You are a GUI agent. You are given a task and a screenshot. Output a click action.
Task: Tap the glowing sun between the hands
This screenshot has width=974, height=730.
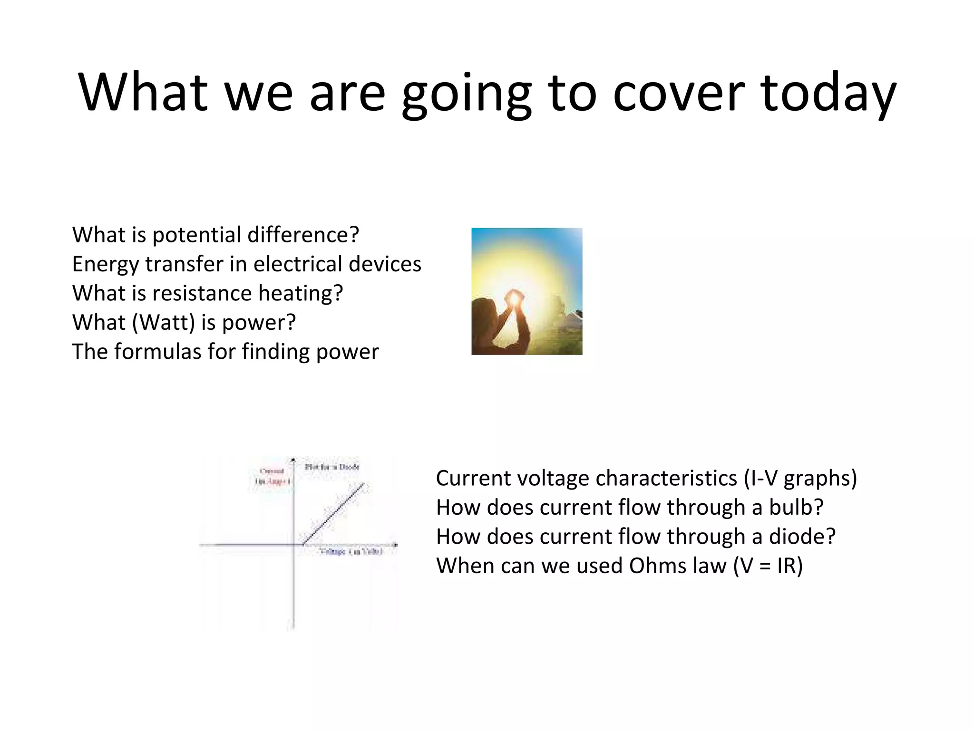(x=514, y=298)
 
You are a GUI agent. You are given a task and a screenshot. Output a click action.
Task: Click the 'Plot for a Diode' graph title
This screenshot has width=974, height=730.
(x=332, y=467)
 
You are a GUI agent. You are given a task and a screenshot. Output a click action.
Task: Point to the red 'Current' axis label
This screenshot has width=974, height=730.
(x=272, y=471)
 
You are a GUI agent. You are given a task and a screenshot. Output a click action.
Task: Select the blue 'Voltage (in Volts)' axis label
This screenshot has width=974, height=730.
(x=351, y=552)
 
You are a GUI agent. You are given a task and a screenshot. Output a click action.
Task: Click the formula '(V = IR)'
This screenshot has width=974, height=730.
(x=768, y=566)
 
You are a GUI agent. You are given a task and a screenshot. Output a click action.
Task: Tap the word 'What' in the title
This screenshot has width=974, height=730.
(x=143, y=93)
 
